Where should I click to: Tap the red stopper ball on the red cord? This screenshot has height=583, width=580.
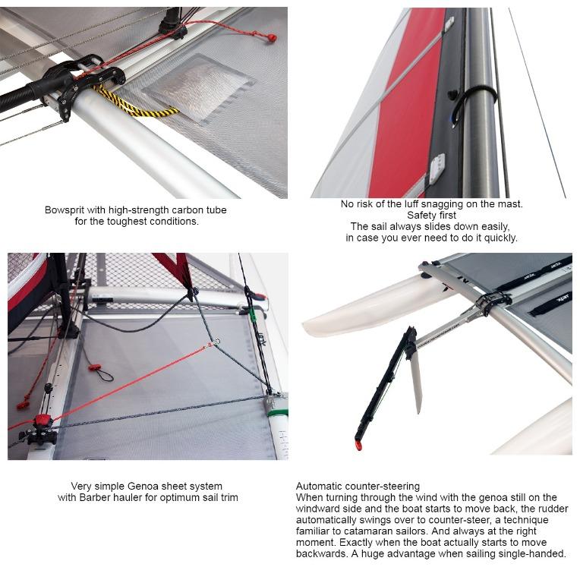coord(270,36)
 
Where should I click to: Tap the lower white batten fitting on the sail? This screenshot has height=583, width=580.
coord(438,168)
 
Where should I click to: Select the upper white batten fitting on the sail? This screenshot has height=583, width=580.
coord(449,25)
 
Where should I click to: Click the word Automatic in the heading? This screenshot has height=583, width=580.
coord(320,486)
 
